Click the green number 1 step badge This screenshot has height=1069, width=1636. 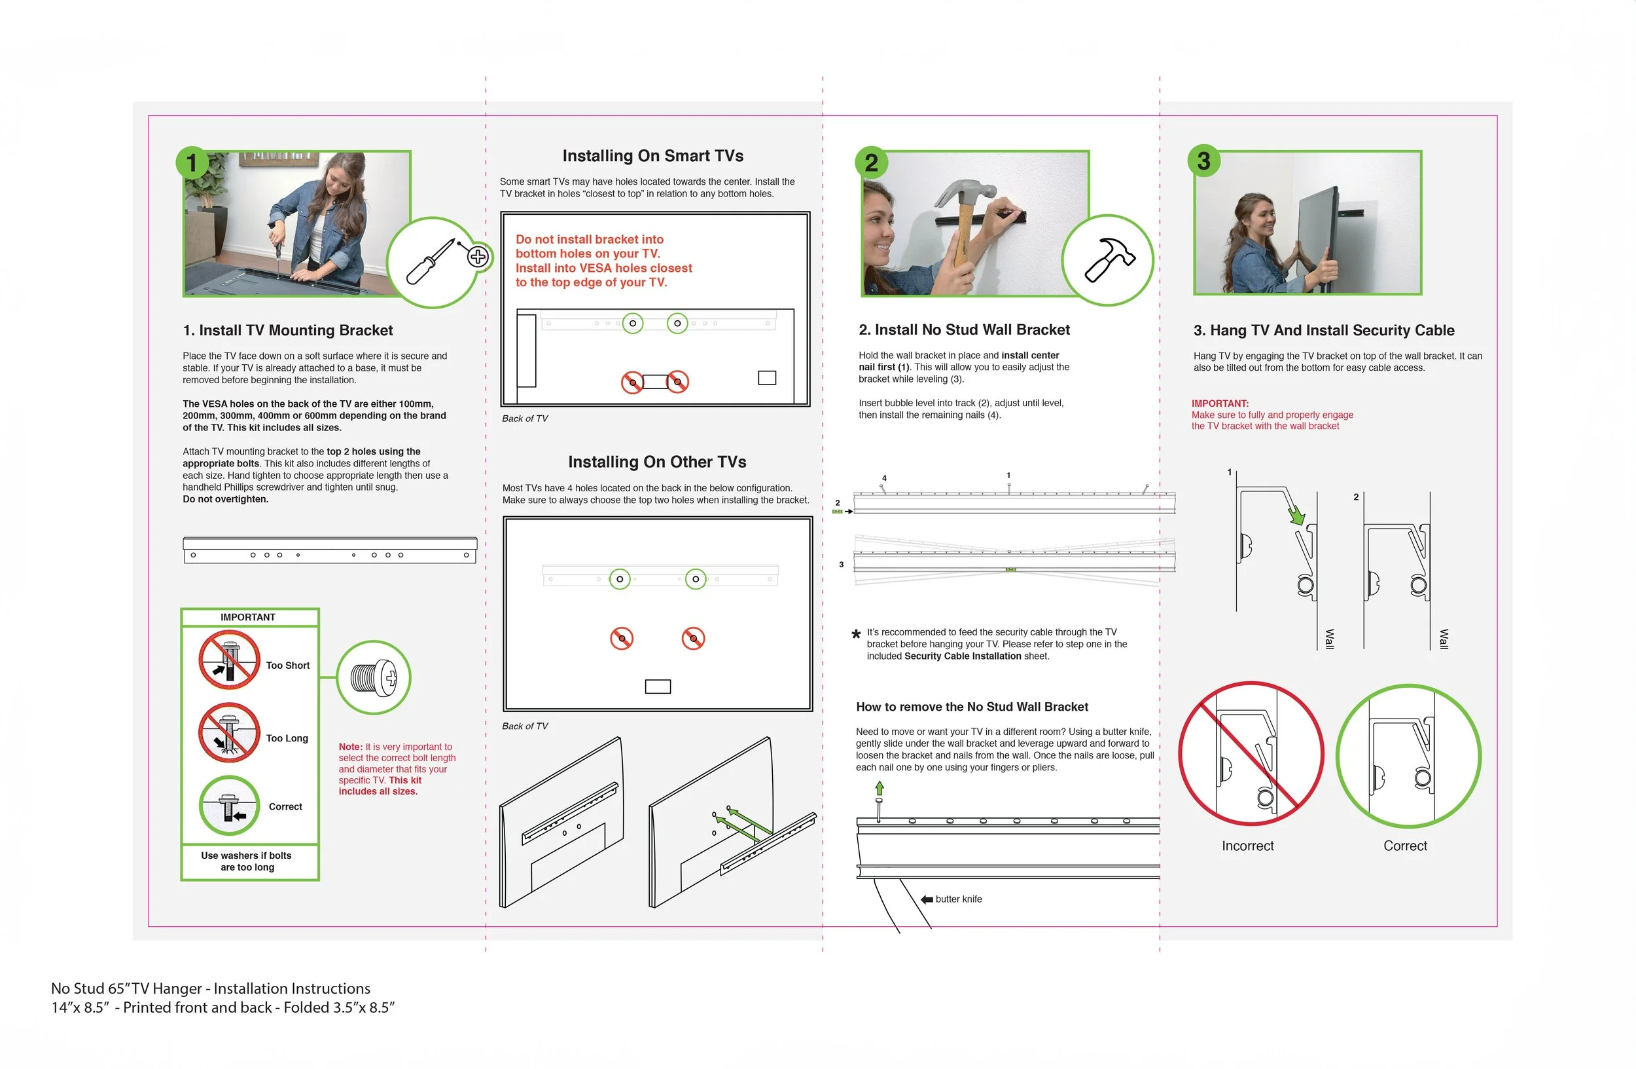(x=192, y=163)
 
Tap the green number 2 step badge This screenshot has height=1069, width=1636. (x=871, y=163)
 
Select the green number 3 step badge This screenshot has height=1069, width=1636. (x=1203, y=161)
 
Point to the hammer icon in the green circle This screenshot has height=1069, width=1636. (x=1109, y=259)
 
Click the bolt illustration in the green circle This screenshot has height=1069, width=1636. (x=374, y=677)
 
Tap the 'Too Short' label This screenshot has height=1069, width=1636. (x=288, y=666)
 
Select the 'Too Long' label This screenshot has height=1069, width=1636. (x=287, y=738)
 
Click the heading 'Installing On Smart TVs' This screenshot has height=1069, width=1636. (x=653, y=156)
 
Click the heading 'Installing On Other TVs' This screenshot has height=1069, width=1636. (x=657, y=462)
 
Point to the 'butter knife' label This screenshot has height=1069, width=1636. (x=959, y=899)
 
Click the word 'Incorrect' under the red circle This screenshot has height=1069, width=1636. (x=1248, y=846)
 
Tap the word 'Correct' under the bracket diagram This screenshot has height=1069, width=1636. (x=1405, y=846)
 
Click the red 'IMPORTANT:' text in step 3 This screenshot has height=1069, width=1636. (x=1220, y=403)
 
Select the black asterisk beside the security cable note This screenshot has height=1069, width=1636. (x=856, y=634)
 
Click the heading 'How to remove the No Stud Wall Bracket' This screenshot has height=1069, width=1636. (x=972, y=707)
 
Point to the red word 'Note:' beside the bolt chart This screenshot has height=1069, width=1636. (x=351, y=747)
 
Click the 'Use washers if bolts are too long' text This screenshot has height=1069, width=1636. (x=247, y=861)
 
